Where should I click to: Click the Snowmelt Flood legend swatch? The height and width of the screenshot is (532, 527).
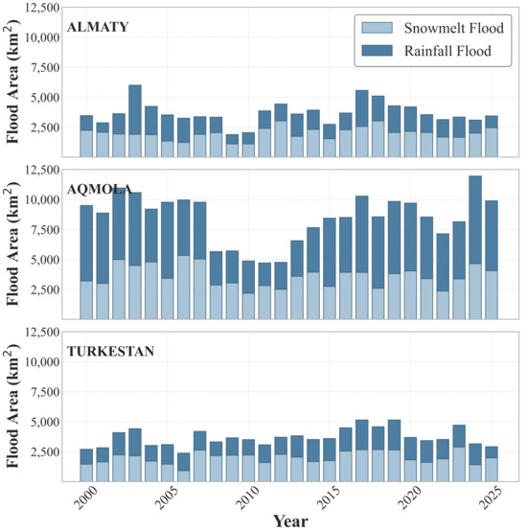point(377,28)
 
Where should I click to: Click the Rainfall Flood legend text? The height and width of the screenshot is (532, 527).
point(447,51)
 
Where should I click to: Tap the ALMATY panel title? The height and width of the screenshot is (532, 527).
point(98,27)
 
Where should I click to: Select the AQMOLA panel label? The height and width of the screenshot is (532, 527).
point(99,190)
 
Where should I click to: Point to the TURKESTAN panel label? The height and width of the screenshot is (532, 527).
point(110,351)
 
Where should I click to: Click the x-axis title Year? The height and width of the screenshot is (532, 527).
point(290,521)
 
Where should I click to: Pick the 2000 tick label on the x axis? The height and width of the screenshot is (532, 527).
point(86,497)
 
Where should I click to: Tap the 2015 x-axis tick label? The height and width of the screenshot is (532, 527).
point(329,497)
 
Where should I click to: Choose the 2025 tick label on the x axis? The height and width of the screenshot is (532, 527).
point(492,497)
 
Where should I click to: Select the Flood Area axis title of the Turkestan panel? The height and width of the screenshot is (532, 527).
point(12,405)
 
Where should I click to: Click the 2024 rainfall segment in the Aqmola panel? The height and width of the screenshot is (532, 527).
point(475,220)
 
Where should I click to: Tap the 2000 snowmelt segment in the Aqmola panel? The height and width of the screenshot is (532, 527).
point(86,300)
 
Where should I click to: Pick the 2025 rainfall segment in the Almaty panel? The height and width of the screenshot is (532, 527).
point(492,122)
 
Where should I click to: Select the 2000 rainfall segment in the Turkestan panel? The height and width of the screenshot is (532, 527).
point(86,456)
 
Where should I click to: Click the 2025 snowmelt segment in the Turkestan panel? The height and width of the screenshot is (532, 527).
point(492,470)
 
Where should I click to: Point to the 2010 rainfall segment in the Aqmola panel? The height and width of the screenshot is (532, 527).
point(248,277)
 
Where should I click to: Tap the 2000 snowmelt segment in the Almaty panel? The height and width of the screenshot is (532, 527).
point(86,144)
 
